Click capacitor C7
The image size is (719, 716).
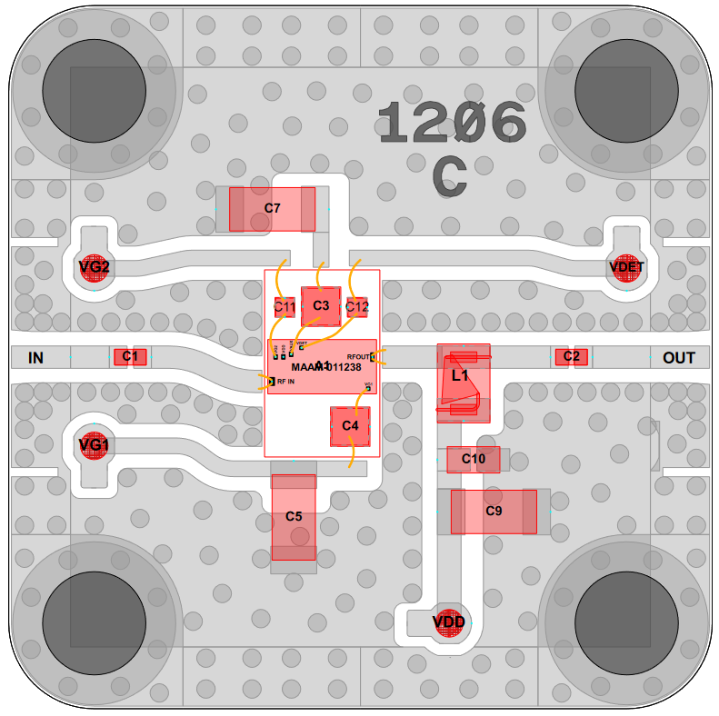coord(272,209)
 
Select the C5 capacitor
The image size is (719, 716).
coord(294,517)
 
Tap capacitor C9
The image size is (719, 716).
coord(494,512)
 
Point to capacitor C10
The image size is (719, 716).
coord(473,460)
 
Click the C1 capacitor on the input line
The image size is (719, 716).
coord(130,356)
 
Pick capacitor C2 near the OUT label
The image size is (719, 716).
coord(571,356)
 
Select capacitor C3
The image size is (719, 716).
coord(321,305)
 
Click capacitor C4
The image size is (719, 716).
coord(350,426)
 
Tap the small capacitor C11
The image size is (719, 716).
coord(285,307)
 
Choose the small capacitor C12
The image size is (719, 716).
coord(357,307)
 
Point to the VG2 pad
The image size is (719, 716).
coord(95,267)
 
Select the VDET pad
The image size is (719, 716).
coord(626,267)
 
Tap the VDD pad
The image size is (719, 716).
coord(449,622)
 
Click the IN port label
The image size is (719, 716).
coord(35,358)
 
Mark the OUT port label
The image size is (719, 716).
coord(678,358)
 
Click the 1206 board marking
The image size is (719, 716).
coord(452,124)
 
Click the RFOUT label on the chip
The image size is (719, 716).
coord(359,357)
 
